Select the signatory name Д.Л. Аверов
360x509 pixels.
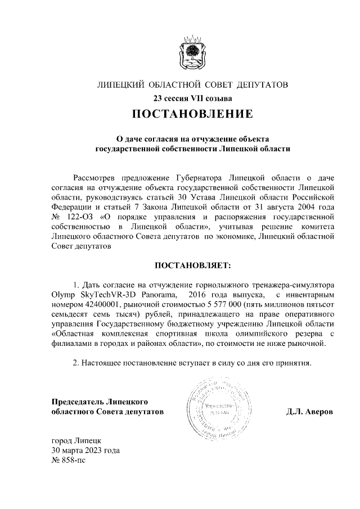(x=310, y=412)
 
